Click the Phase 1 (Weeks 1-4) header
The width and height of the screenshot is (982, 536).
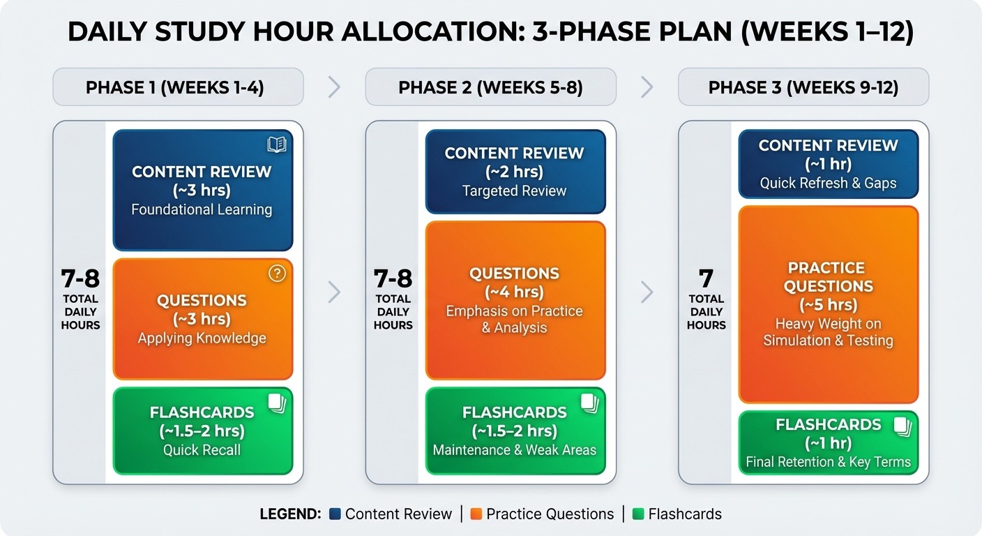pos(178,87)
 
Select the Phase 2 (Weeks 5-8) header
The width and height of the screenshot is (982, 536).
pos(490,87)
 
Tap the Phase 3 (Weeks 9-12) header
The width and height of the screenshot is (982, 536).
pos(803,87)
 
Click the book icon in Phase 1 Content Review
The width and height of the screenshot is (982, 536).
pos(277,144)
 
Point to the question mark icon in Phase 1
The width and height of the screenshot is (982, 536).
pos(277,274)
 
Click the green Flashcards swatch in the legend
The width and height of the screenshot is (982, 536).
pos(637,514)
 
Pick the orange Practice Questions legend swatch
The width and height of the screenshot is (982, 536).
pos(476,514)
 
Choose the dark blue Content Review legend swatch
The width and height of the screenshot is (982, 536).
pos(335,514)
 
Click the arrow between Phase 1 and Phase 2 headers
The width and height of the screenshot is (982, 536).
pos(334,87)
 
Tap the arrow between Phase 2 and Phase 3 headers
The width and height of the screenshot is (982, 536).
pos(647,87)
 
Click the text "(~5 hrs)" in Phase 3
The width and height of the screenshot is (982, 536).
pos(828,305)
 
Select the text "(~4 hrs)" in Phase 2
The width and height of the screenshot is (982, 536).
pos(515,292)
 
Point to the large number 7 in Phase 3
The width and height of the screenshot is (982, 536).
pos(707,279)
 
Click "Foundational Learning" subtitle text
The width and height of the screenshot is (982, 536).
pos(202,209)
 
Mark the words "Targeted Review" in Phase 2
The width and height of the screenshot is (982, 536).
pos(515,191)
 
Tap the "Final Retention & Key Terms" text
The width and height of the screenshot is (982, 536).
pos(828,461)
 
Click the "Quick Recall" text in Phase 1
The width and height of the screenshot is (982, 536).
pos(202,449)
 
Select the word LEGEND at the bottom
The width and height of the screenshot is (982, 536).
pos(290,514)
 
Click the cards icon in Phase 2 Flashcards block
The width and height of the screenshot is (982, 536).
pos(590,403)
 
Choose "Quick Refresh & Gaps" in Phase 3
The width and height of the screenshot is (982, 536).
pos(828,183)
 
